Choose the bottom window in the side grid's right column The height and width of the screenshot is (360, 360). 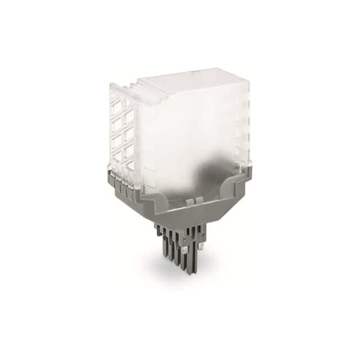(x=130, y=163)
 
